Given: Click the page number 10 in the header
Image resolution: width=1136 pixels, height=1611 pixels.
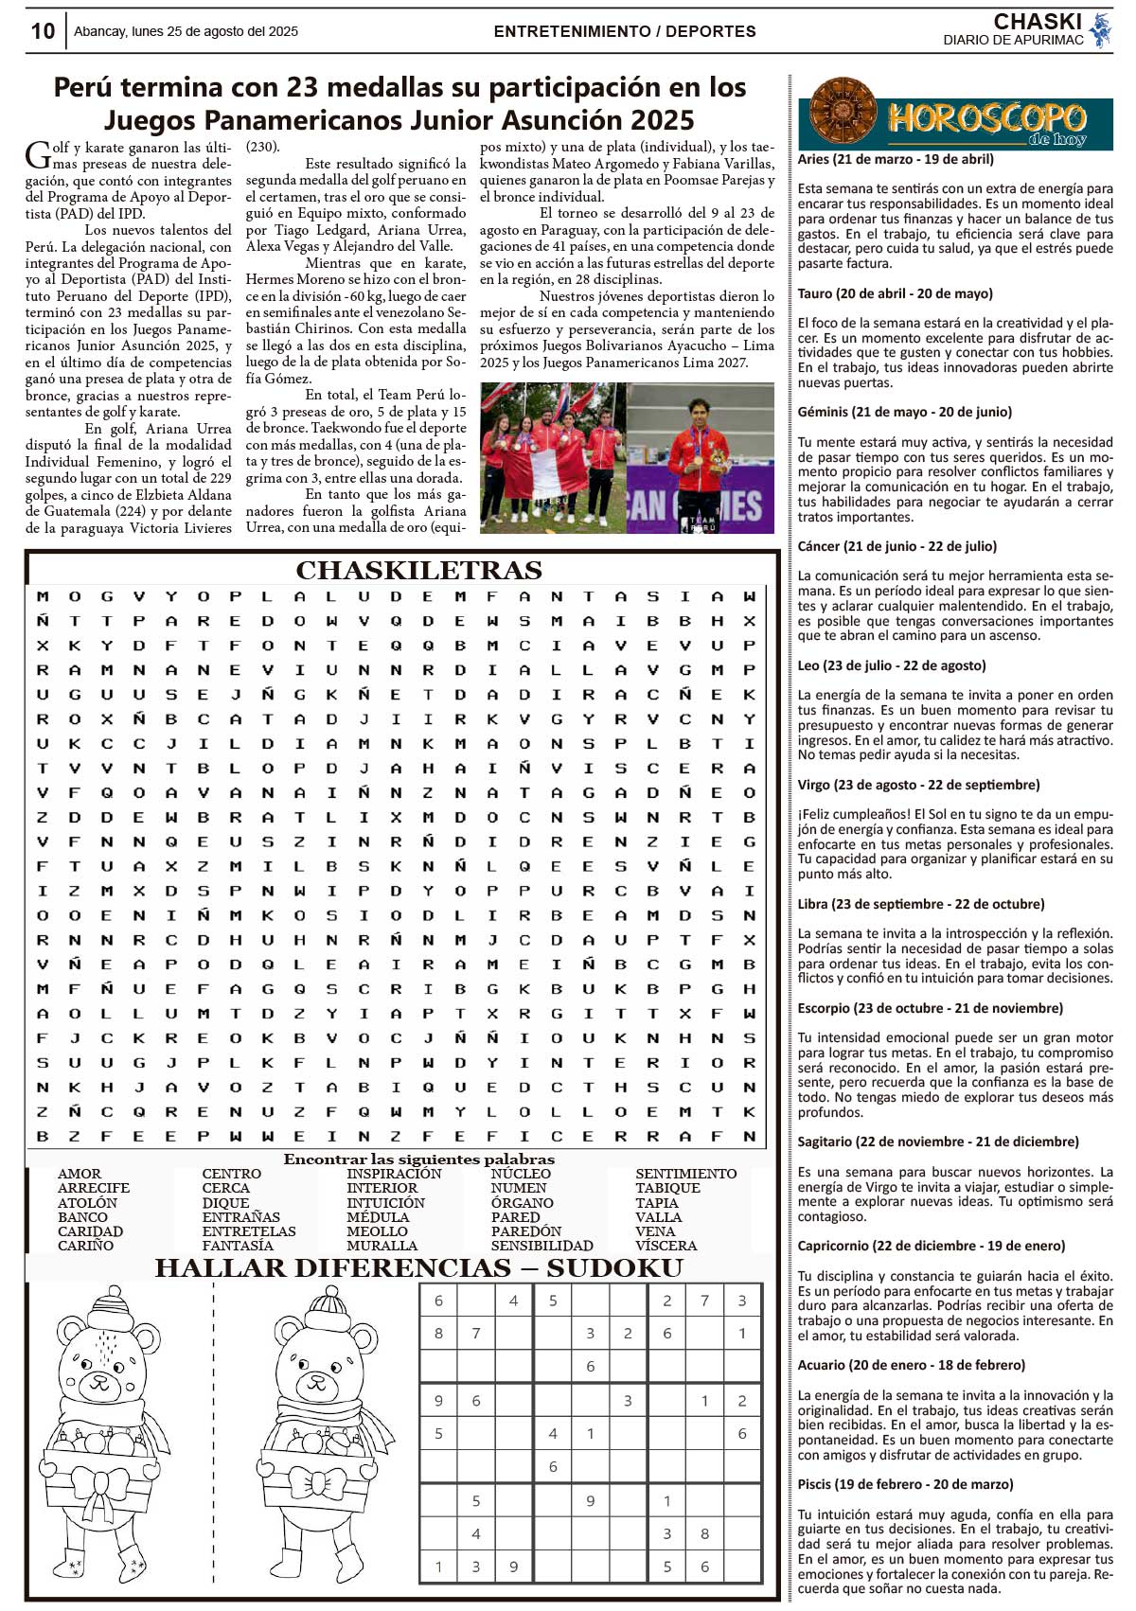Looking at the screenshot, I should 43,31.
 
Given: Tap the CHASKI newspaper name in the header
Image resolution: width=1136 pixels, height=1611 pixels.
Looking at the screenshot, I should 1038,22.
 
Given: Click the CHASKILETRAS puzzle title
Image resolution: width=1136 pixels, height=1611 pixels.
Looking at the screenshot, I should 418,570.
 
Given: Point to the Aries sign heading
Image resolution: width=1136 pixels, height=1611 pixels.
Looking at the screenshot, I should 895,159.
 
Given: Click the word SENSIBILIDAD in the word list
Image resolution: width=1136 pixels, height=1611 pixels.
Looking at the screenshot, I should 541,1246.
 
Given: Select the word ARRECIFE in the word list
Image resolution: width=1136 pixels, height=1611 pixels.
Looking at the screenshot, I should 94,1188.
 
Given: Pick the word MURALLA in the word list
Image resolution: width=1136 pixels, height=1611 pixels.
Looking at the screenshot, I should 382,1246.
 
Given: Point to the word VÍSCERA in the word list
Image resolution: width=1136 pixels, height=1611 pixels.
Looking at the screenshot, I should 666,1246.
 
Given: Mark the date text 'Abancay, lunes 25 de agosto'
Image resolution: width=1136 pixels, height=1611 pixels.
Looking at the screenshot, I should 186,31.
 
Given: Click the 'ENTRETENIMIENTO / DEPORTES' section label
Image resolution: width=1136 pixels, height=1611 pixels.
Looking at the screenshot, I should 624,31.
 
